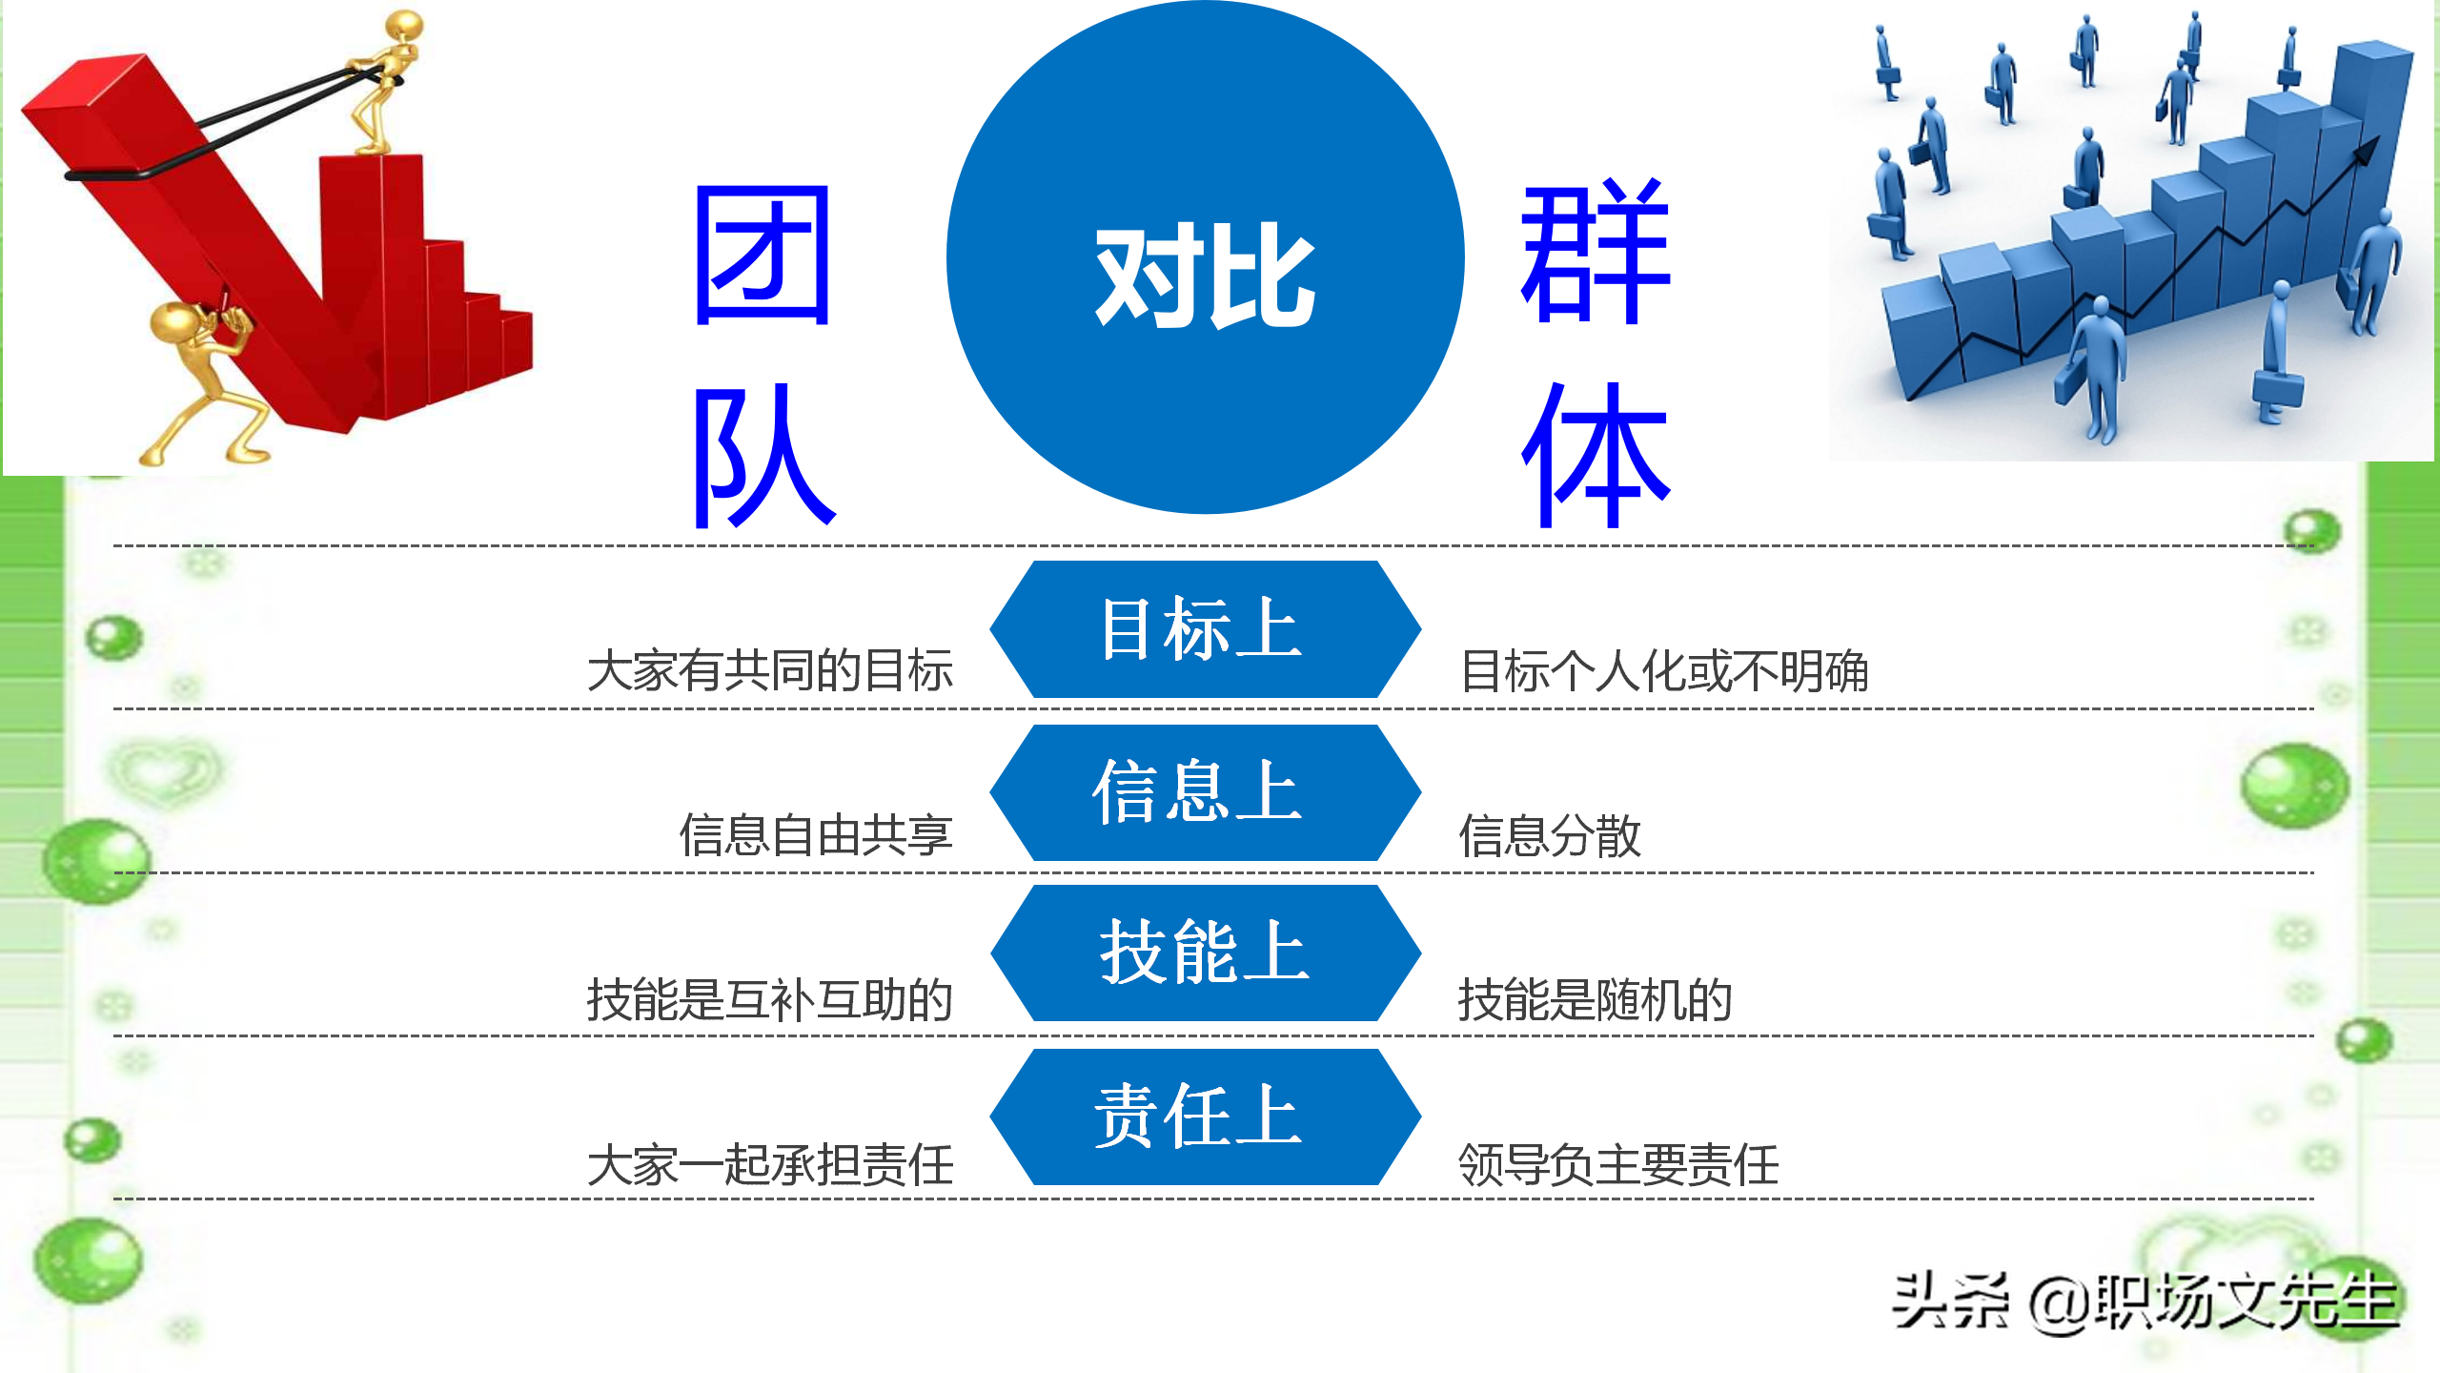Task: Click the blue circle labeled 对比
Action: (1205, 257)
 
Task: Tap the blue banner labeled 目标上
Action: (1205, 629)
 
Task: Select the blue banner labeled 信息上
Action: (1205, 793)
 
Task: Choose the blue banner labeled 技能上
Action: (1205, 953)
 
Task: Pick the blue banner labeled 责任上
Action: (1205, 1117)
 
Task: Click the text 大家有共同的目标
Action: (770, 670)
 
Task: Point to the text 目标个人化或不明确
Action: (1664, 670)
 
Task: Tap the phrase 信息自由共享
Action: (816, 835)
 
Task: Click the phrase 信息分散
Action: (1550, 835)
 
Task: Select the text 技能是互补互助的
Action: (770, 1000)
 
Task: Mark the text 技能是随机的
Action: (1596, 1000)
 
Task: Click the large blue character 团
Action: (762, 256)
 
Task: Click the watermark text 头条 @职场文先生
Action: (2145, 1302)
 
